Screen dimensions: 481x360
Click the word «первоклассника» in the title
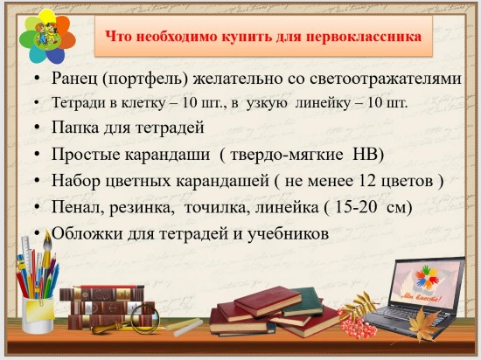coord(364,37)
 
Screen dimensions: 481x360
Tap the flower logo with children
coord(47,36)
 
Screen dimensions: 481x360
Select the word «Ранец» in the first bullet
coord(74,79)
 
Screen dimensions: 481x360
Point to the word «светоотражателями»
coord(386,79)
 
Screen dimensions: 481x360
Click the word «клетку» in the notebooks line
coord(143,103)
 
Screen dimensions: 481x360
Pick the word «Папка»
coord(75,128)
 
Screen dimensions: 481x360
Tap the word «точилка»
coord(218,208)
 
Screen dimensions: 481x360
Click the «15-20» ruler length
coord(356,207)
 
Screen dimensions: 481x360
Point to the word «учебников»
coord(288,234)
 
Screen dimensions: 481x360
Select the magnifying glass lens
coord(145,318)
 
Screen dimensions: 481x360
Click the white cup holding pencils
coord(38,315)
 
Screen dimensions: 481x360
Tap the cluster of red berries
coord(356,324)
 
